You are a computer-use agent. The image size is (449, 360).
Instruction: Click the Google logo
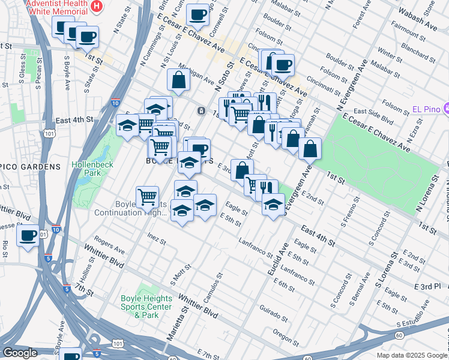(x=20, y=353)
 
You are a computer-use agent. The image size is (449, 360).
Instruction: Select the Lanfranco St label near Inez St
(x=252, y=242)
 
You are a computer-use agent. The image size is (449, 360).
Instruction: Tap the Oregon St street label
(x=286, y=334)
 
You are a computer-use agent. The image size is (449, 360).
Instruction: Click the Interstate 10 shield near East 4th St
(x=116, y=103)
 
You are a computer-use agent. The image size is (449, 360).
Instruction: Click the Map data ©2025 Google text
(x=412, y=355)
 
